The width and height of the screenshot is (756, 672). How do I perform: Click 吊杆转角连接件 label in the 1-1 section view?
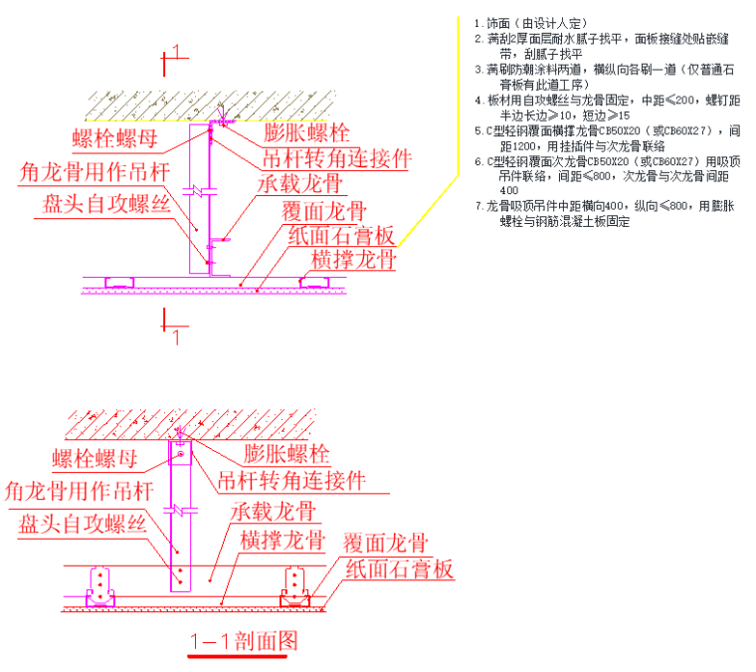pos(290,481)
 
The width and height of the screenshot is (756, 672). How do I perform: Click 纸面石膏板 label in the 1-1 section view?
pos(399,569)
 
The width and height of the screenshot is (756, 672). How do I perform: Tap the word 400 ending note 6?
pos(508,190)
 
